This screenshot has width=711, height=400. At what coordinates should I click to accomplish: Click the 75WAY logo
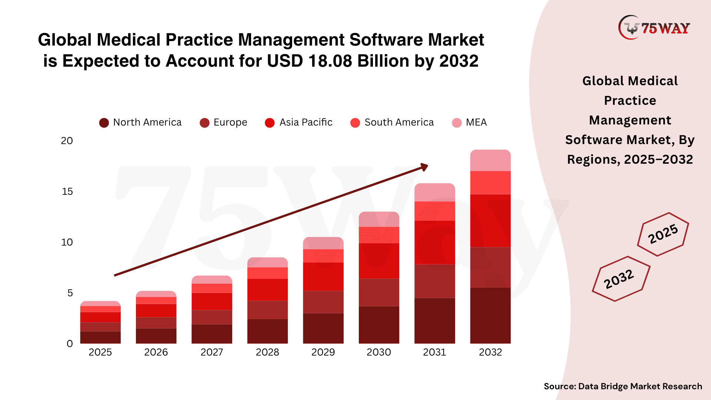(654, 27)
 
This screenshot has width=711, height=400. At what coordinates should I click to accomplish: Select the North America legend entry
(140, 123)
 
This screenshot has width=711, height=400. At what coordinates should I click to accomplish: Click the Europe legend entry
(223, 123)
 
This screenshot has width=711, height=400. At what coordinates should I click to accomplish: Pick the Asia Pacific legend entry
(299, 123)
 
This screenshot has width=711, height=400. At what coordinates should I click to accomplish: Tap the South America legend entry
(392, 123)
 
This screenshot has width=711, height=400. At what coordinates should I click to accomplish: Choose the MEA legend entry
(470, 123)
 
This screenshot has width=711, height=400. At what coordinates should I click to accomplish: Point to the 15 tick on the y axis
(67, 191)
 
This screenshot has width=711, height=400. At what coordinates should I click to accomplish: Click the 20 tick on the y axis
(67, 141)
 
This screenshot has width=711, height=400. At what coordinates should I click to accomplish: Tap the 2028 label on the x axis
(267, 352)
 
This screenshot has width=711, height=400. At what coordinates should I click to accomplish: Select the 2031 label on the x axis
(434, 352)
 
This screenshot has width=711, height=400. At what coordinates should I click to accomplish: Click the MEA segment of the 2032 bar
(490, 161)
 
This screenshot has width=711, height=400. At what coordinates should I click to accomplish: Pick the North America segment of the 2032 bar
(490, 316)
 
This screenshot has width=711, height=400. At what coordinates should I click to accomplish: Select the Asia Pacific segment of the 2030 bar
(379, 261)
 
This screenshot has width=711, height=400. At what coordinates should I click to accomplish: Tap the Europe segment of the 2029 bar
(323, 302)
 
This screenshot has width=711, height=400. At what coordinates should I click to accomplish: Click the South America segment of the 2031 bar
(434, 211)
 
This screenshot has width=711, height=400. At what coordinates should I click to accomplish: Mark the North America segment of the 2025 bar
(100, 337)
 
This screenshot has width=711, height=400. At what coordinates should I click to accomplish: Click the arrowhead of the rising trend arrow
(424, 167)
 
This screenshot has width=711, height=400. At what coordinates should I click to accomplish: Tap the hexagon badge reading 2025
(663, 234)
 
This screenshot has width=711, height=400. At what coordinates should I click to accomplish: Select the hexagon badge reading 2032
(621, 279)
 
